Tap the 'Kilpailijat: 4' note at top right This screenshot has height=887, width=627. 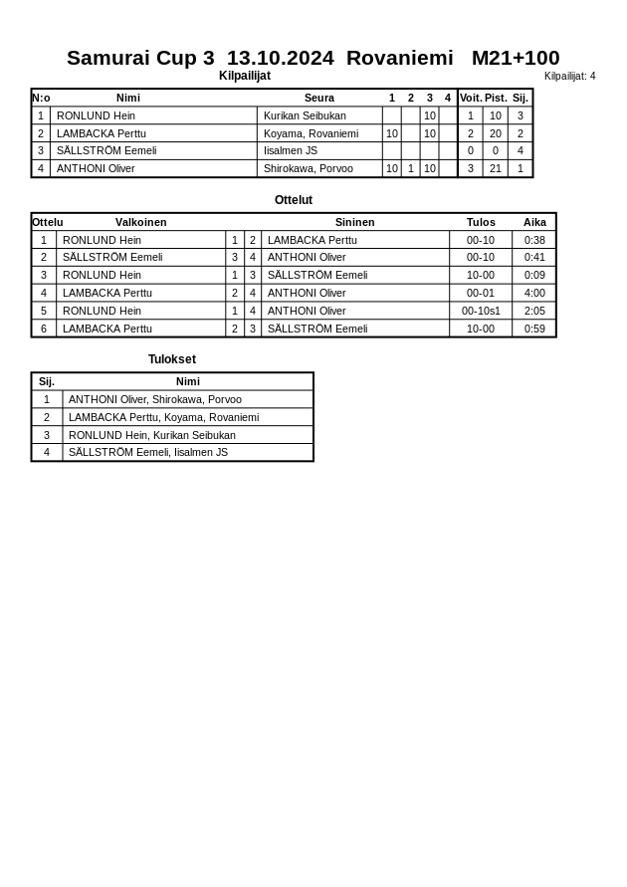click(x=569, y=76)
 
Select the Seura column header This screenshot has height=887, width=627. click(x=319, y=98)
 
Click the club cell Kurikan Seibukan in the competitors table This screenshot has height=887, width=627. click(x=305, y=115)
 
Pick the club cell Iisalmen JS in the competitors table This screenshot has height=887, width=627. click(x=291, y=151)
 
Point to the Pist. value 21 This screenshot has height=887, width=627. click(x=496, y=169)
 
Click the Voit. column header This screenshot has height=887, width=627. click(x=471, y=98)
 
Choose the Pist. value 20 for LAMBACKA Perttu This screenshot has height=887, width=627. click(x=496, y=133)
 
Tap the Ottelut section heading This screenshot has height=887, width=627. click(x=294, y=200)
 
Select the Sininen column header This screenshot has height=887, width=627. click(x=354, y=222)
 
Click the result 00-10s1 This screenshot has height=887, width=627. click(x=481, y=311)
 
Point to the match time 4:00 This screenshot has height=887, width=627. click(x=534, y=293)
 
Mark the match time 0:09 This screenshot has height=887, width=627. click(x=534, y=275)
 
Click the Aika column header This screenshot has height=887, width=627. click(x=534, y=222)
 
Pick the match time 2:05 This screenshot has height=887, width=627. click(x=534, y=311)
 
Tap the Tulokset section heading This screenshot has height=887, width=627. click(x=172, y=359)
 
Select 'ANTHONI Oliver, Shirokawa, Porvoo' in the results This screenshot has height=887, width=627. click(x=155, y=399)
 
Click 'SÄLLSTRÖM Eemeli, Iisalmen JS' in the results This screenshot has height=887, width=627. click(x=148, y=452)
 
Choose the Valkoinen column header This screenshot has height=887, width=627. click(x=140, y=222)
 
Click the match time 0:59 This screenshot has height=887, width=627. click(x=534, y=329)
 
